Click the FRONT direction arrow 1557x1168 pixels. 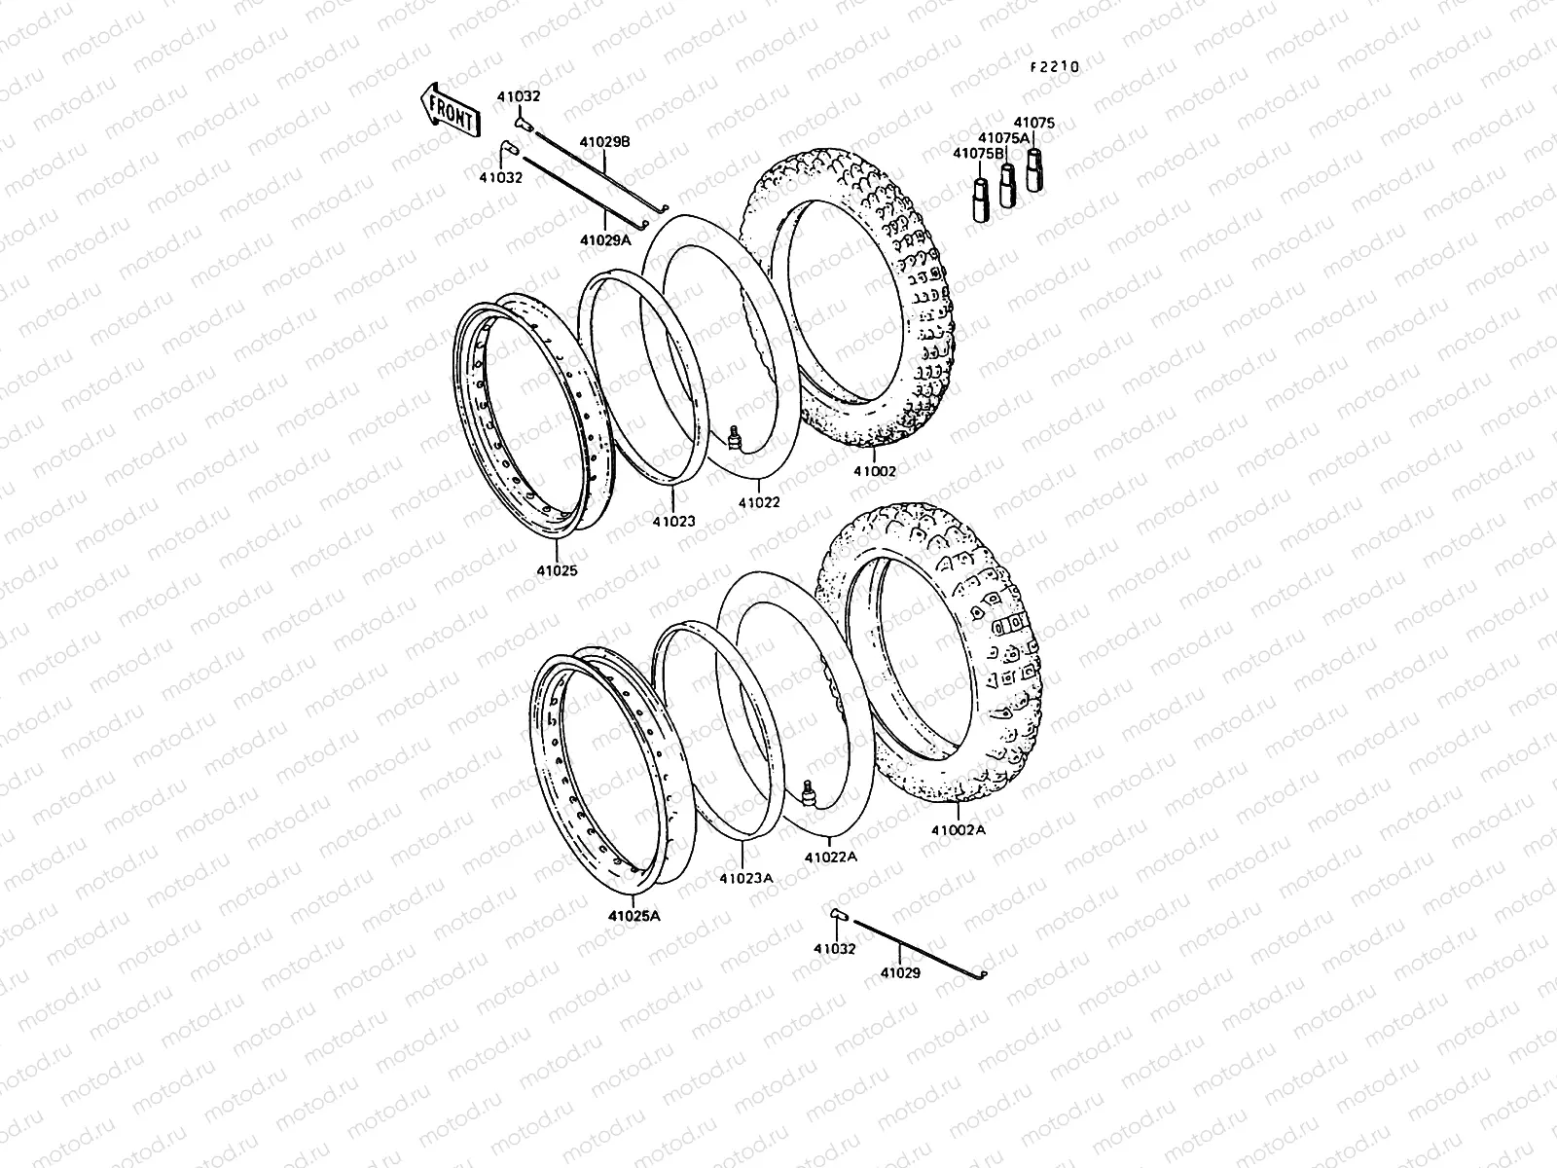pos(449,111)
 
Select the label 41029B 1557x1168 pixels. pos(605,141)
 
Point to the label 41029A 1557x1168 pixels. pos(605,239)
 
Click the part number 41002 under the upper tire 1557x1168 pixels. pos(875,470)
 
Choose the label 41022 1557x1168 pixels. pos(758,502)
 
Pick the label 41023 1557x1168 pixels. pos(673,521)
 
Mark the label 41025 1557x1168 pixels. pos(556,570)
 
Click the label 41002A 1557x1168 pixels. pos(959,830)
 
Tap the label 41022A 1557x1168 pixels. pos(830,857)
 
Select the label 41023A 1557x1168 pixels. pos(746,877)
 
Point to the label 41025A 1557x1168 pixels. pos(634,915)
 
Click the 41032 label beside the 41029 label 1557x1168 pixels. pos(835,948)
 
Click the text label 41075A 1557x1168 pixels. pos(1003,138)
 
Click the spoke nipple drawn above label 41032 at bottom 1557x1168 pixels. pos(837,914)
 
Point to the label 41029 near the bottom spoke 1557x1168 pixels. pos(900,971)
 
